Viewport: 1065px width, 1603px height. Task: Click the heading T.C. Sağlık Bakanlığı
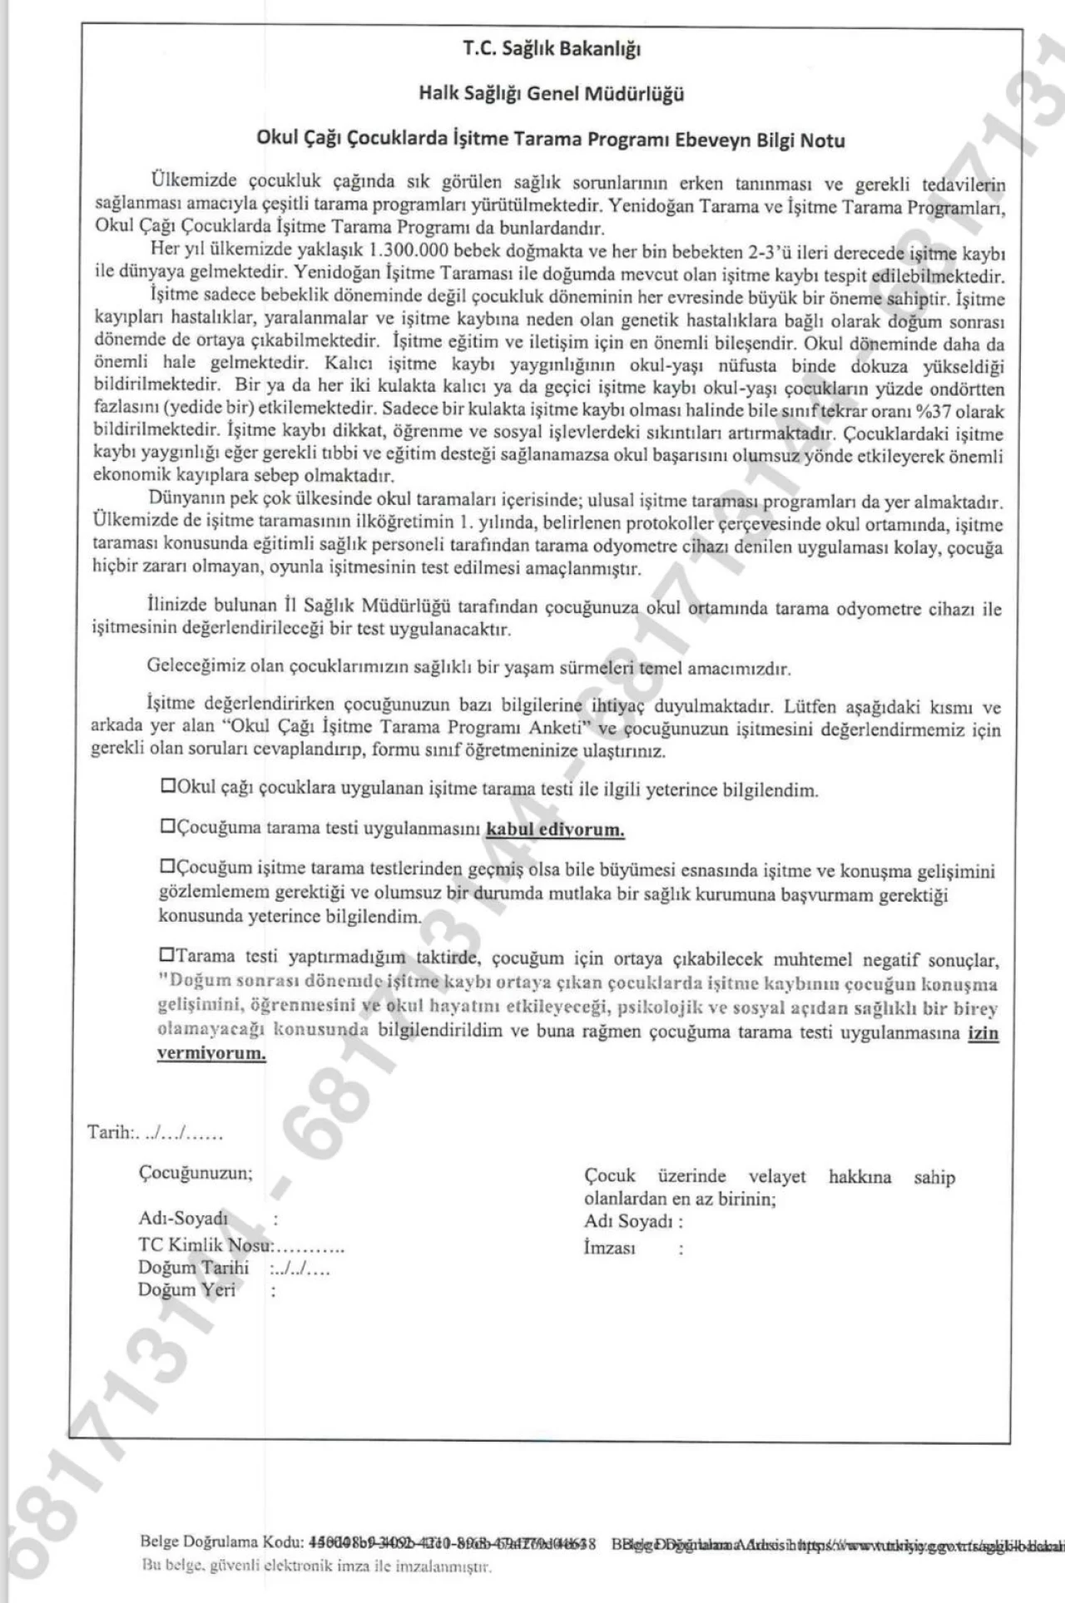click(x=552, y=50)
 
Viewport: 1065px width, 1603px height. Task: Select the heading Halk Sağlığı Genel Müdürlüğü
click(x=552, y=94)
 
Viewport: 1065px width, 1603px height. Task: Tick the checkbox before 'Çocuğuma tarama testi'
click(x=167, y=826)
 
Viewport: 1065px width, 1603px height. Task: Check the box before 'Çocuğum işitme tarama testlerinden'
click(x=167, y=866)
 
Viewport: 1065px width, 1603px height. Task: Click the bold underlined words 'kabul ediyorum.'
click(x=555, y=829)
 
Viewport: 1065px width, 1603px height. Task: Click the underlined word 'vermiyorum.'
click(x=211, y=1054)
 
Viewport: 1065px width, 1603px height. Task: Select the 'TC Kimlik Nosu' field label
click(x=205, y=1244)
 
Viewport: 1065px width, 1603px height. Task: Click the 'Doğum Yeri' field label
click(x=186, y=1289)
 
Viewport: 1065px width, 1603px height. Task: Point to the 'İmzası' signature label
click(x=609, y=1248)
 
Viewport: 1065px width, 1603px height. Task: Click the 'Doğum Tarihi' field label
click(x=193, y=1267)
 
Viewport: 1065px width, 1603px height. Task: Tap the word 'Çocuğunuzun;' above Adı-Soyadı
click(x=195, y=1173)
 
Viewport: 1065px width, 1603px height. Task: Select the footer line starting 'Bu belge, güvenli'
click(x=317, y=1567)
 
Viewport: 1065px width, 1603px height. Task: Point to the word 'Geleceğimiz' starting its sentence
click(x=191, y=666)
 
